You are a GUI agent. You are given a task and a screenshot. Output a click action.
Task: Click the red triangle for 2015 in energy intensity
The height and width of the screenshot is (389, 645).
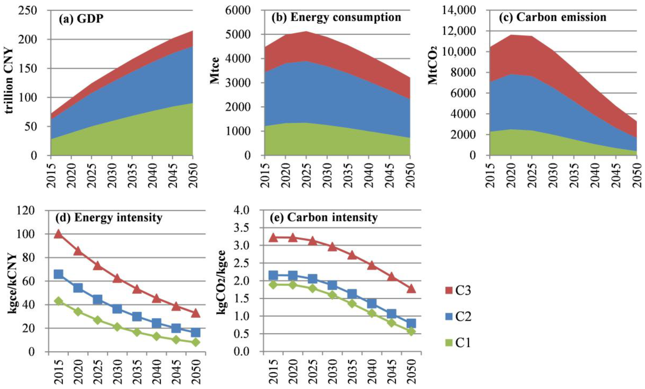(58, 234)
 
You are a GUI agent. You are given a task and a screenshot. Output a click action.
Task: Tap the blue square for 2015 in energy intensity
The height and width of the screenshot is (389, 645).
(58, 274)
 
